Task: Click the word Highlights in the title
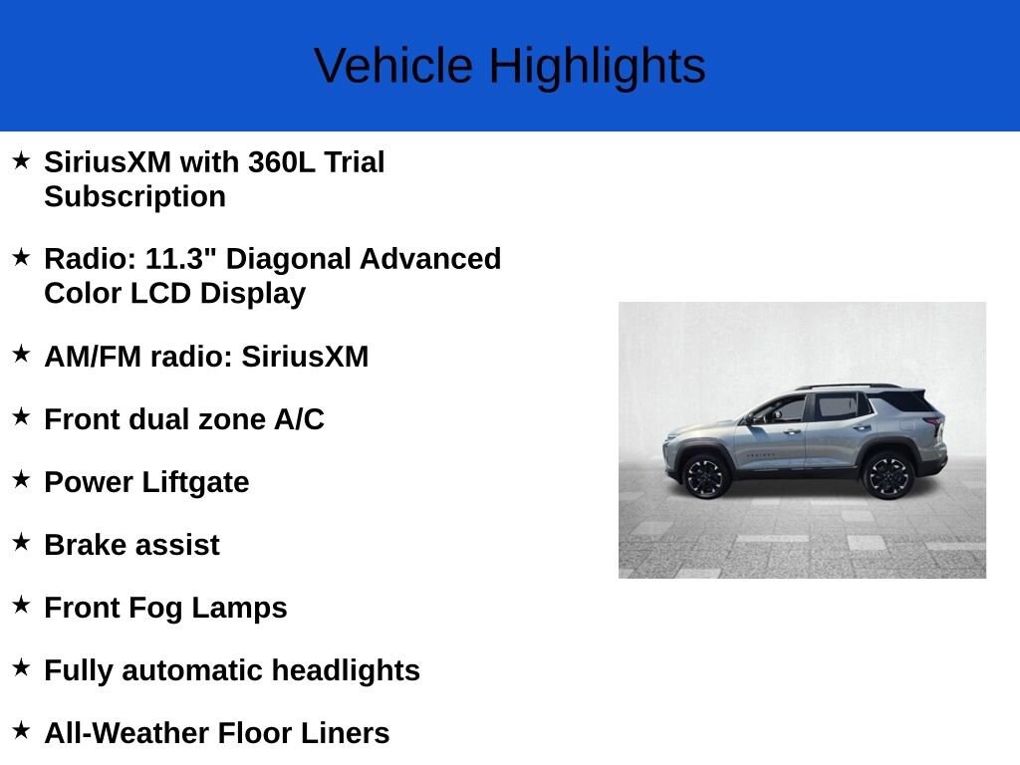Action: pos(598,66)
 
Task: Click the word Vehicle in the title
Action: pos(393,66)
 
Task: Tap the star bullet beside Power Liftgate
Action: pos(22,480)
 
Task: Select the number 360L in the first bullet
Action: pos(282,162)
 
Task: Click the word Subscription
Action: pos(134,196)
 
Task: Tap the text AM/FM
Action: pos(93,357)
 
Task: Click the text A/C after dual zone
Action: pos(299,419)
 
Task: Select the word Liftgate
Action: pos(195,483)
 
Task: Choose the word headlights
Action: pos(346,670)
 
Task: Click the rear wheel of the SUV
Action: pos(889,475)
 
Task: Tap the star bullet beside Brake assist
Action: pos(22,543)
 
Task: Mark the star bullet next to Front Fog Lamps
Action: pos(22,606)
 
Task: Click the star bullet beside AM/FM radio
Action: pos(22,354)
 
